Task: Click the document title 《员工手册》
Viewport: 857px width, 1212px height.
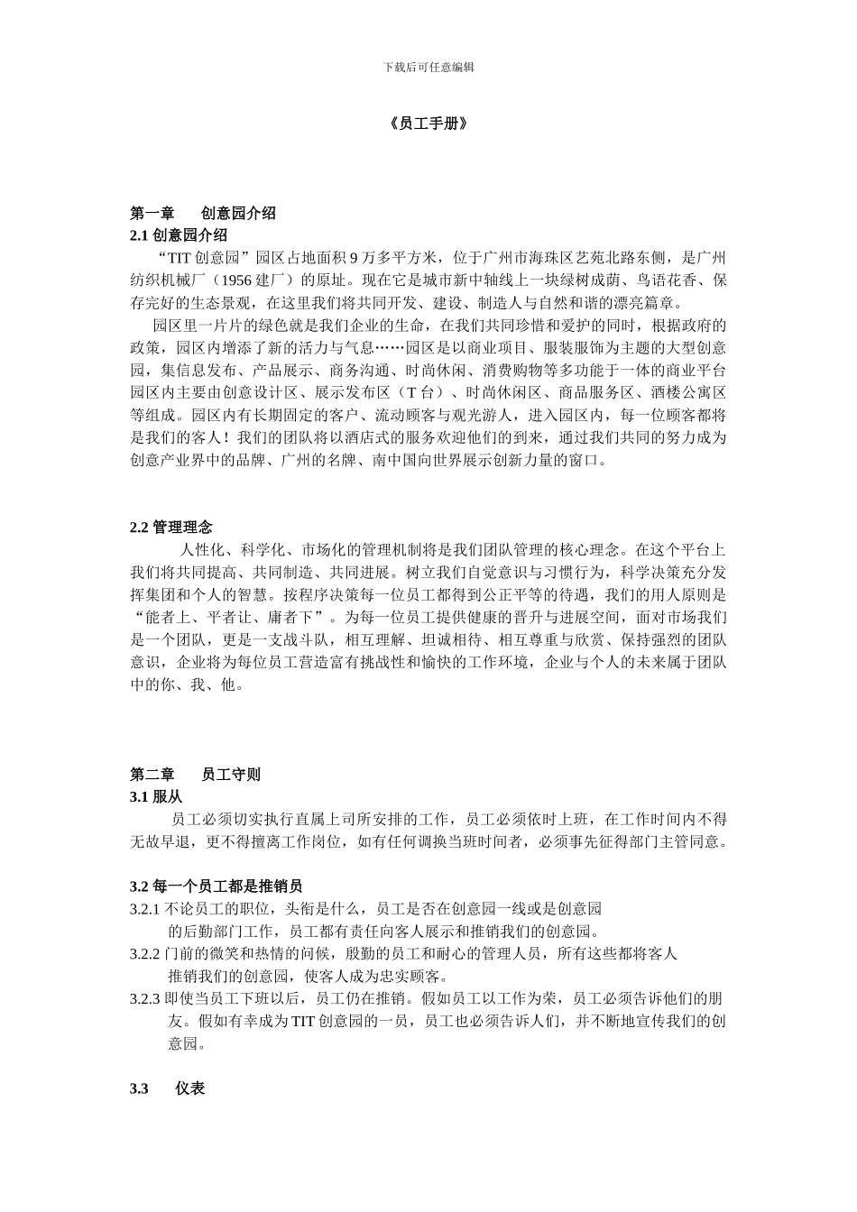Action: (x=428, y=124)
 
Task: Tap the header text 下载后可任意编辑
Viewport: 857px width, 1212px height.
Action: (x=428, y=68)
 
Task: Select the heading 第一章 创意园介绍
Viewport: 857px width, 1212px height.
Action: (x=203, y=214)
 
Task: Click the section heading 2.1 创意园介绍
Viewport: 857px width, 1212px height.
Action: (x=179, y=235)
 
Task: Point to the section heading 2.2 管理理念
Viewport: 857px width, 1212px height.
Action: (x=171, y=527)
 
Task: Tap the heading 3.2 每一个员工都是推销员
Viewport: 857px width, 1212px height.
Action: (x=222, y=886)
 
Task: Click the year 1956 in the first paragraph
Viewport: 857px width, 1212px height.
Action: (x=236, y=280)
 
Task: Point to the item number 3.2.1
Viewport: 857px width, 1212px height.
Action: (x=145, y=909)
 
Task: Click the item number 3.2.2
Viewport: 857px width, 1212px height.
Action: (x=145, y=954)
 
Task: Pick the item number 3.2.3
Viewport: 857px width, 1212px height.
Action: (x=145, y=999)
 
